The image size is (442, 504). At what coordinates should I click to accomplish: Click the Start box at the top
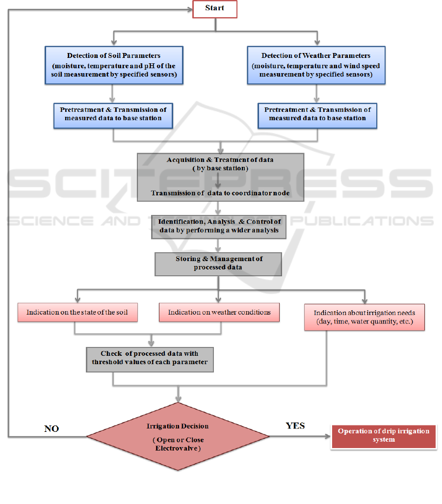point(215,9)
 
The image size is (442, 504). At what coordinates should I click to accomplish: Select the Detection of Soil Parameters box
point(113,65)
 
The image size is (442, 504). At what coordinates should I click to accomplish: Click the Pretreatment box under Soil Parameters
point(113,114)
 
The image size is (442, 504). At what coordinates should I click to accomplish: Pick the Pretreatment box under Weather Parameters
point(317,114)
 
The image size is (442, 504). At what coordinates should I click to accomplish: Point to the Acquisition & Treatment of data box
point(220,177)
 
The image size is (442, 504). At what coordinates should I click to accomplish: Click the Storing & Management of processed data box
point(218,263)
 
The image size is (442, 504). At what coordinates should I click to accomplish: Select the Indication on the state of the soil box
point(78,312)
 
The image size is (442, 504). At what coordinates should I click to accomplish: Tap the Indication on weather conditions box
point(219,312)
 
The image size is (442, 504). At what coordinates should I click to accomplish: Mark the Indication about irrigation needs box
point(364,317)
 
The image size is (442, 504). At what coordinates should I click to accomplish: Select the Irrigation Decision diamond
point(178,436)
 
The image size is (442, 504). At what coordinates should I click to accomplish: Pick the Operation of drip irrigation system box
point(384,435)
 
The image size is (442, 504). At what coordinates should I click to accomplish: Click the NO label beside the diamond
point(52,428)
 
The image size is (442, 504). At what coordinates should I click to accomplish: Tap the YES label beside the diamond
point(295,425)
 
